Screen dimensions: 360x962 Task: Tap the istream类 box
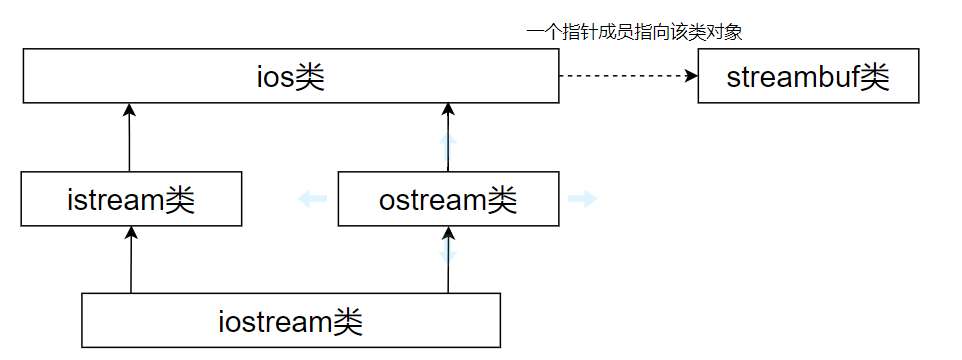[x=131, y=199]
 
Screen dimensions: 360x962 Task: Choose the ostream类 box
[x=448, y=199]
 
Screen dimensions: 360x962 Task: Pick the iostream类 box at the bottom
[x=290, y=320]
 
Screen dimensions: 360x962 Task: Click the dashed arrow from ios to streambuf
[x=625, y=76]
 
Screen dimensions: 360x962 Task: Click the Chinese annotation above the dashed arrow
[x=634, y=32]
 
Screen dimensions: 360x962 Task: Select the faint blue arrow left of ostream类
[x=312, y=199]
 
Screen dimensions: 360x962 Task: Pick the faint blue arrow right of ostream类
[x=582, y=199]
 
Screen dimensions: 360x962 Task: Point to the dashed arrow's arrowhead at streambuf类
[x=691, y=76]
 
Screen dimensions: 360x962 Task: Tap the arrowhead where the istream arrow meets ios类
[x=130, y=108]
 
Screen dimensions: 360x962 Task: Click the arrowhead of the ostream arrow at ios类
[x=448, y=108]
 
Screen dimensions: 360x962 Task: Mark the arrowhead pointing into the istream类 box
[x=131, y=232]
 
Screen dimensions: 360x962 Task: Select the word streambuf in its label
[x=794, y=78]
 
